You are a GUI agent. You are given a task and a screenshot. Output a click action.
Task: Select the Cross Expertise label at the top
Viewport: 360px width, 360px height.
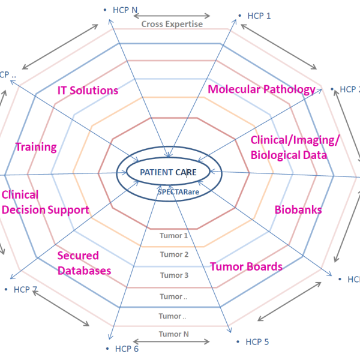point(172,25)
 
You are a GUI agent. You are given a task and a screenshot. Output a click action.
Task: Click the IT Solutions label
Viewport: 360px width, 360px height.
point(88,91)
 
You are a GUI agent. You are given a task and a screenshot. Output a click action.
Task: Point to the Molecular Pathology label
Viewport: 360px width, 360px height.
point(261,89)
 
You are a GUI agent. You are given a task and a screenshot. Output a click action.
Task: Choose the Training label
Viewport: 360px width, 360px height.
point(36,146)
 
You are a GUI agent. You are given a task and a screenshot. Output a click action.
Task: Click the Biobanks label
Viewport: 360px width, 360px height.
point(298,210)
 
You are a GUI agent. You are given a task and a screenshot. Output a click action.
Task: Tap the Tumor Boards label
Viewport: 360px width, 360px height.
point(246,266)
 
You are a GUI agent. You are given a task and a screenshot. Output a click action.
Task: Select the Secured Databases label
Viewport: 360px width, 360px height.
point(84,263)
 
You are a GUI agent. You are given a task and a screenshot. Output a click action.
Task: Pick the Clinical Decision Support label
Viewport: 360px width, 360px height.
point(45,202)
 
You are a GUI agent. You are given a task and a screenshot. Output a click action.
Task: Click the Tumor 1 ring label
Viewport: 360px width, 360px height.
point(174,235)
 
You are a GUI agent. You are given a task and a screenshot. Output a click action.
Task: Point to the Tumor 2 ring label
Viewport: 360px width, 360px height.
point(174,254)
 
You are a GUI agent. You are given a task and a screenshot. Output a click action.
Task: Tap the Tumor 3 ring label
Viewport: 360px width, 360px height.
point(174,275)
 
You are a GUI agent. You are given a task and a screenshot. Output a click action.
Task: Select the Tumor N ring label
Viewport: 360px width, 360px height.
point(174,334)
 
